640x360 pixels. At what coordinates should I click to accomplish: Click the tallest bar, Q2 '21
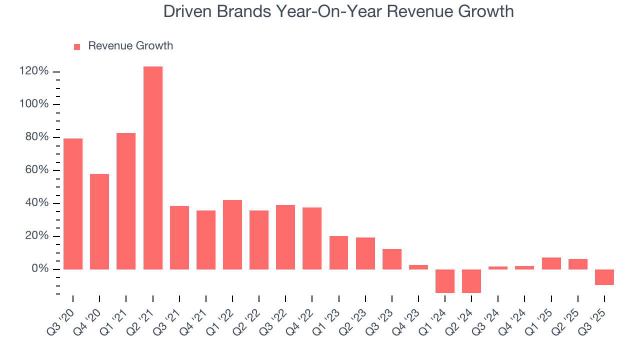point(152,167)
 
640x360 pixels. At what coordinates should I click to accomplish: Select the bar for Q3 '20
point(73,203)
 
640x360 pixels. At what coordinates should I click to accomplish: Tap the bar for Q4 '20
point(99,221)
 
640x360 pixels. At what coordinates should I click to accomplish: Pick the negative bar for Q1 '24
point(445,281)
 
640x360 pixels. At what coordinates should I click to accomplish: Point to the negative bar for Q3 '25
point(604,277)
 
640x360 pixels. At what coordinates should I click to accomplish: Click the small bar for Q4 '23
point(418,267)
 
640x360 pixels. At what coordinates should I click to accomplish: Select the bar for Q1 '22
point(232,234)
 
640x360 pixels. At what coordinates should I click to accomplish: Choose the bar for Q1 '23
point(338,252)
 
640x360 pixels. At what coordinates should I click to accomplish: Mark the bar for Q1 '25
point(551,263)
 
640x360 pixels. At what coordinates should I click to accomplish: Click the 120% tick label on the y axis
point(34,71)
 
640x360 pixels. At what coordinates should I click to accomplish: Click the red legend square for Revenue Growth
point(77,47)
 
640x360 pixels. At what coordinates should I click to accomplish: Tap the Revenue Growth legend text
point(130,46)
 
